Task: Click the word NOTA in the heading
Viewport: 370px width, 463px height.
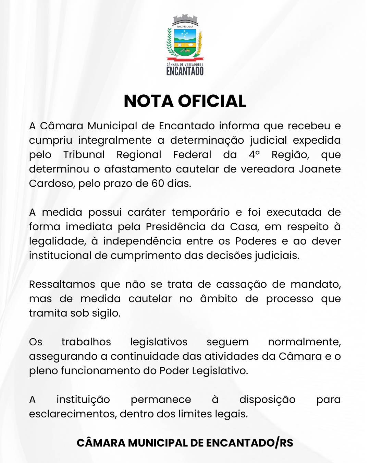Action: click(149, 101)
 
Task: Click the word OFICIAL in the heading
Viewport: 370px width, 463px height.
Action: click(212, 101)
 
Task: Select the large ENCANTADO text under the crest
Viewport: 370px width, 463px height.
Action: click(185, 71)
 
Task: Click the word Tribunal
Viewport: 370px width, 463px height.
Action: click(84, 155)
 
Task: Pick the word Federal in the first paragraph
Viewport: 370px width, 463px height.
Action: click(192, 155)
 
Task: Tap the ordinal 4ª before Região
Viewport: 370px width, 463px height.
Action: click(254, 155)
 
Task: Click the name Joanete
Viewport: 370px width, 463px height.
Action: click(320, 169)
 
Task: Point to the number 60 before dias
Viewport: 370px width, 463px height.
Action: click(158, 183)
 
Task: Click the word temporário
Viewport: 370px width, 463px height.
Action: click(200, 212)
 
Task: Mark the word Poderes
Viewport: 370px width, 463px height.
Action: click(256, 241)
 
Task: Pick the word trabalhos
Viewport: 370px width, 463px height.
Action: click(86, 342)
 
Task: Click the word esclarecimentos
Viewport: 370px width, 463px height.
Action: click(73, 414)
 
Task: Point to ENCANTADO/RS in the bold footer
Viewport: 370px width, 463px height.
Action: click(249, 443)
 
